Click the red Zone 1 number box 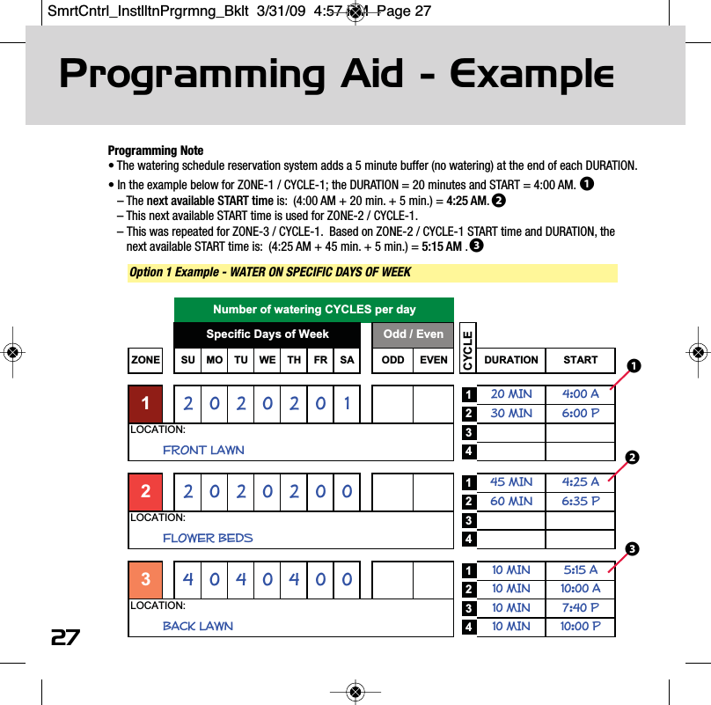[x=145, y=404]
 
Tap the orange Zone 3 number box [x=145, y=580]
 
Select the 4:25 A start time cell [x=580, y=482]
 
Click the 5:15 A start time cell [x=580, y=570]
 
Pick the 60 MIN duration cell [x=511, y=502]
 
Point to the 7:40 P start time [x=580, y=608]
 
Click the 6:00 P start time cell [x=580, y=414]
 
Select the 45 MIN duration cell [x=511, y=482]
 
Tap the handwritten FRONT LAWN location [x=203, y=450]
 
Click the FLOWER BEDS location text [x=208, y=538]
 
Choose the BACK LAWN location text [x=198, y=626]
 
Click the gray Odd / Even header [x=414, y=334]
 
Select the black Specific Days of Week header [x=268, y=334]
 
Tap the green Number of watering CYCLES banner [x=314, y=310]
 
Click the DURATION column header [x=511, y=360]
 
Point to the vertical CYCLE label [x=467, y=349]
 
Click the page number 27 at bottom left [x=65, y=637]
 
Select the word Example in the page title [x=531, y=76]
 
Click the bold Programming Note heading [x=155, y=151]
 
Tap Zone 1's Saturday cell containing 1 [x=348, y=404]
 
